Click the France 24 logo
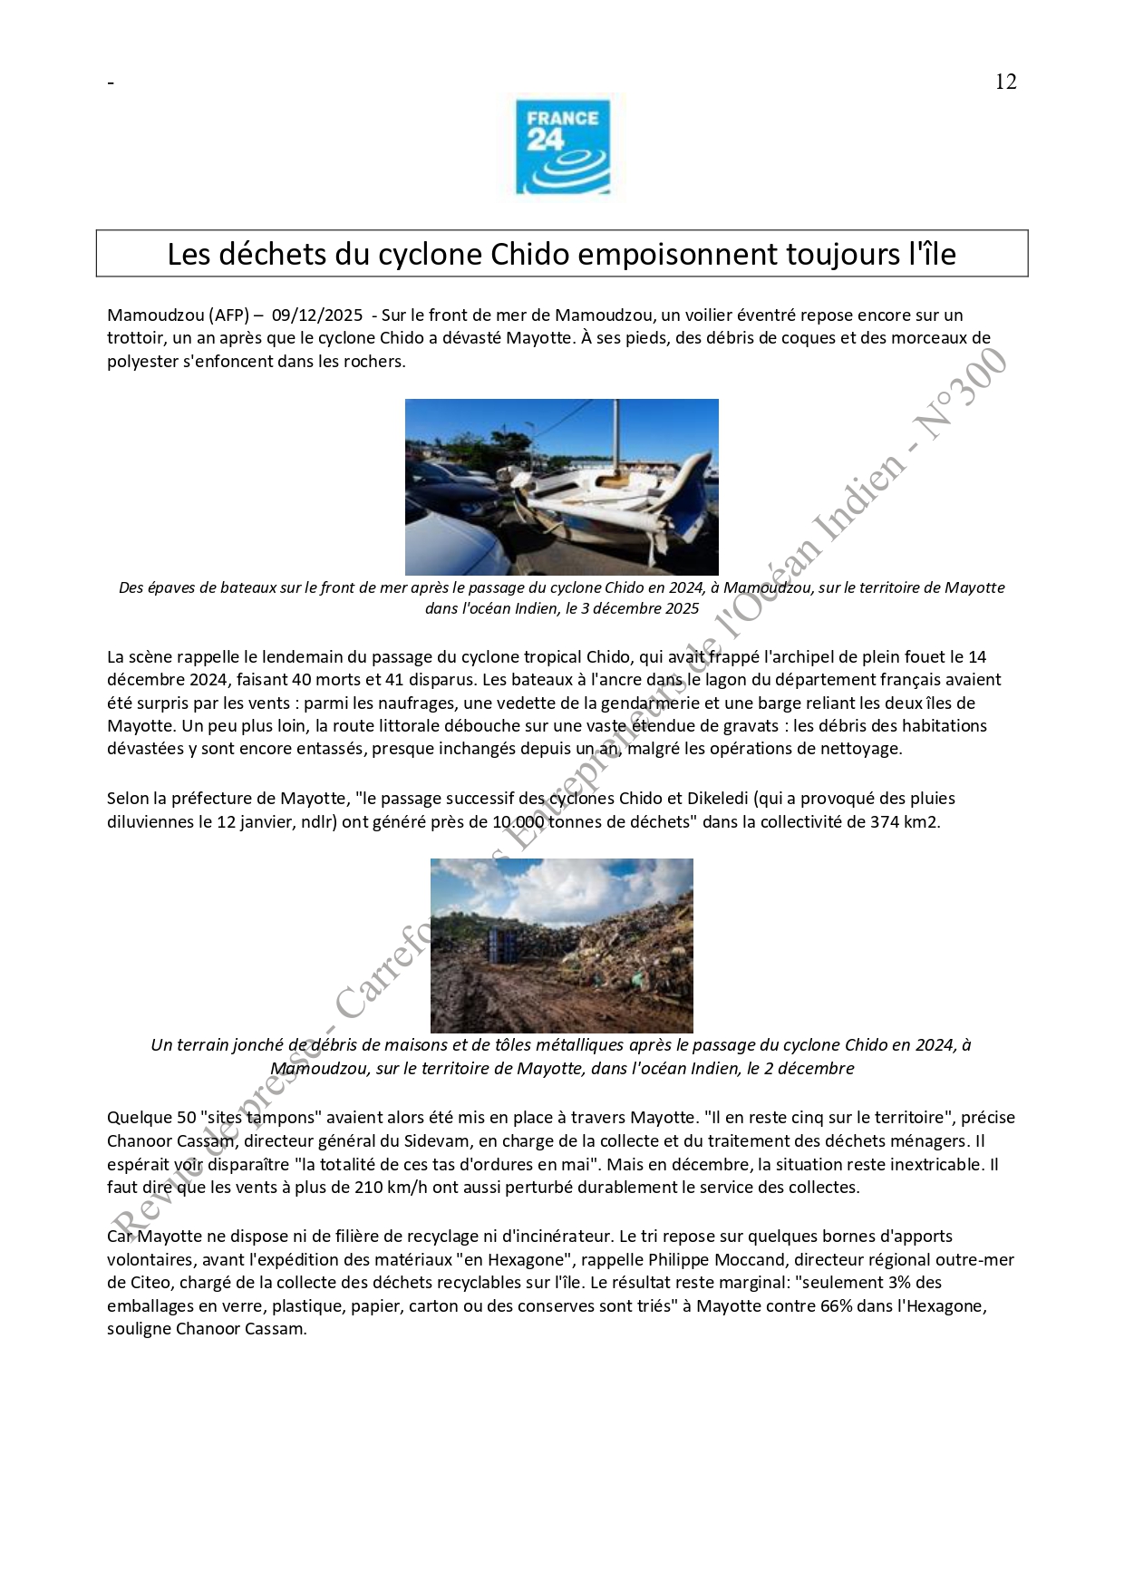click(562, 147)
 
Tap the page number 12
click(1005, 82)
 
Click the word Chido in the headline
click(528, 255)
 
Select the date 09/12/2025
click(316, 315)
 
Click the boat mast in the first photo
click(617, 435)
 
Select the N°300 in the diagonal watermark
click(961, 392)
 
